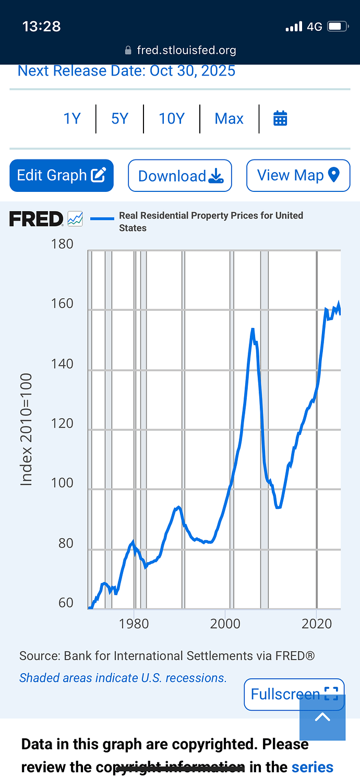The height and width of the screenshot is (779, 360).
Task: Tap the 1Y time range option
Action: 72,119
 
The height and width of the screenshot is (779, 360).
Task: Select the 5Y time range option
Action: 119,119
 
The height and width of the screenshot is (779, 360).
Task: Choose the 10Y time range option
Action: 172,119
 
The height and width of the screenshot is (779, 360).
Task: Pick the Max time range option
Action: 229,119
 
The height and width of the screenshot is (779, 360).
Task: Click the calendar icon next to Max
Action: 280,119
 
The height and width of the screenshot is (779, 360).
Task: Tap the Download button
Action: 180,176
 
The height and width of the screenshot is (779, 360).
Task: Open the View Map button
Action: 298,175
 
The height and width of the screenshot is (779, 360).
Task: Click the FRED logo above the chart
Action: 37,219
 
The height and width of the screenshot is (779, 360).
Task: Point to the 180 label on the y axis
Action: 63,244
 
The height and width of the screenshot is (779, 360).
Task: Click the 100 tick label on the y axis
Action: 63,483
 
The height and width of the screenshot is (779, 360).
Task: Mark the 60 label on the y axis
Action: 66,603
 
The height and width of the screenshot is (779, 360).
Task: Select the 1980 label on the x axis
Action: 134,624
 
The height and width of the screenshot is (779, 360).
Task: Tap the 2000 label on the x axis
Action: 225,624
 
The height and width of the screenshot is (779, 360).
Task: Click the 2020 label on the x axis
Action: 317,624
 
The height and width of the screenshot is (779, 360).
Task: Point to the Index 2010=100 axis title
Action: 27,429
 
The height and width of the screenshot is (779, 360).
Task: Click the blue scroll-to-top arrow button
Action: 322,717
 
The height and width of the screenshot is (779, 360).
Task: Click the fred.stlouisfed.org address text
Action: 186,50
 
